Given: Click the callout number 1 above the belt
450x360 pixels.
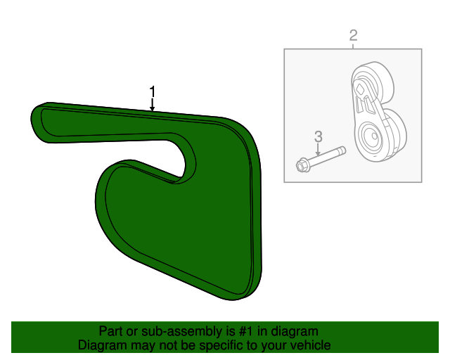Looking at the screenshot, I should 152,91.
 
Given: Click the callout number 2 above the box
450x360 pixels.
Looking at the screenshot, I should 353,35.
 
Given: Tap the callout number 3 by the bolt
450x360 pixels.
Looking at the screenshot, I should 318,136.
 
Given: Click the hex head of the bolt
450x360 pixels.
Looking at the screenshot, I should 302,166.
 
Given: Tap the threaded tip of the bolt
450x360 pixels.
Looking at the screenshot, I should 341,150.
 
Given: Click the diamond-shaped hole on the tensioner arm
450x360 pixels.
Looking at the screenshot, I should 360,88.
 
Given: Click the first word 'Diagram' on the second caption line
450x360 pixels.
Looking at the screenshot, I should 102,345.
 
